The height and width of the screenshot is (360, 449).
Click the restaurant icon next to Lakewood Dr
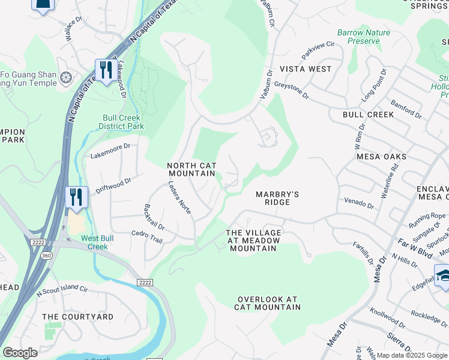(106, 70)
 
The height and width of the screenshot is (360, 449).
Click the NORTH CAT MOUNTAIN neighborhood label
(191, 169)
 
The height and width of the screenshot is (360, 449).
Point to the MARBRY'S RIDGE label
(277, 198)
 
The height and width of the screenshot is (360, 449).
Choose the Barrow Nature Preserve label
(363, 37)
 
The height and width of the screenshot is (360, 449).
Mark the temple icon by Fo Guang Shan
(66, 77)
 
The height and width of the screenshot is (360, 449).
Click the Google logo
(20, 353)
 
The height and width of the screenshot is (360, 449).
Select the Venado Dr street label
(359, 203)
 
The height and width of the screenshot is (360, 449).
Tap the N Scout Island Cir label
(62, 289)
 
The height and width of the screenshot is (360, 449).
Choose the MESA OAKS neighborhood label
(381, 157)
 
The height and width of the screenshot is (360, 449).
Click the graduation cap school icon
(443, 275)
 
